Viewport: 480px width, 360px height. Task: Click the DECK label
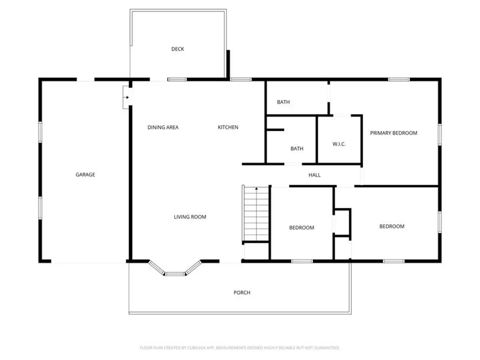[177, 49]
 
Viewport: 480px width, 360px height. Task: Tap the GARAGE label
[85, 174]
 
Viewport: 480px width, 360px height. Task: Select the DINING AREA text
[163, 127]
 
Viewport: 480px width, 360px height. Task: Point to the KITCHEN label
[228, 127]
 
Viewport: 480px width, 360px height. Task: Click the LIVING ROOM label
[190, 217]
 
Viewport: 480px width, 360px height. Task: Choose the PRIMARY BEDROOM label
[394, 133]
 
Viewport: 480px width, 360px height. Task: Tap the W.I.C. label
[339, 144]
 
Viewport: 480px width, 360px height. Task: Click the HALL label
[314, 175]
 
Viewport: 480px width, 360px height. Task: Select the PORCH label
[242, 292]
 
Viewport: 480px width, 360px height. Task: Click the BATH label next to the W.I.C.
[297, 149]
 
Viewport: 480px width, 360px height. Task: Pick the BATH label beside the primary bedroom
[283, 102]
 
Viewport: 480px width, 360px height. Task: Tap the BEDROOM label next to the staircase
[302, 228]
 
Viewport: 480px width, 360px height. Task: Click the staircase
[256, 214]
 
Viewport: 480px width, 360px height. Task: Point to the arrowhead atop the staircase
[256, 188]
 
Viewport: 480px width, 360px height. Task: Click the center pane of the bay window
[175, 274]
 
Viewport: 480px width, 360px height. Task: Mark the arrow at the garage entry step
[126, 97]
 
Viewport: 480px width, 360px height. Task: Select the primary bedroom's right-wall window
[440, 134]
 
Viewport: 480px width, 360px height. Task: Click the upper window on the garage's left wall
[40, 132]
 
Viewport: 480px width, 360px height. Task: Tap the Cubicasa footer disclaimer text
[240, 348]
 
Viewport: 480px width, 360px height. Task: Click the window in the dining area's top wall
[177, 79]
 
